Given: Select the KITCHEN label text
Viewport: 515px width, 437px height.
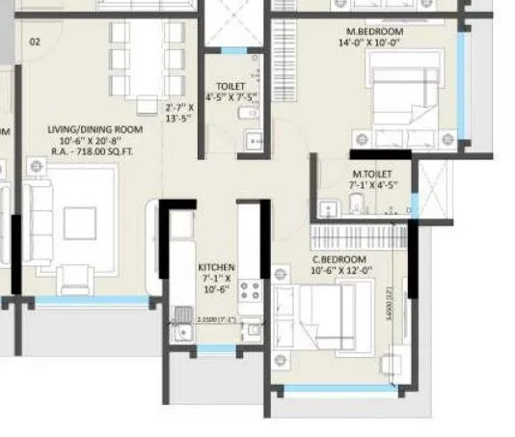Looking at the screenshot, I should (216, 267).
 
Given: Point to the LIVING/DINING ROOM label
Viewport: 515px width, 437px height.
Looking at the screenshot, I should (95, 129).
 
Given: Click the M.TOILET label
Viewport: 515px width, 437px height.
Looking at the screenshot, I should (370, 174).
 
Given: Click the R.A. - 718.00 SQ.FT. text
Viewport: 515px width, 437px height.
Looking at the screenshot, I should (95, 153).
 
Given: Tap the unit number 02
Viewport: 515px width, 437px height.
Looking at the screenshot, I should (35, 41).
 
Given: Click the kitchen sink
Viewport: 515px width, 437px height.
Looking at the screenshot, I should (181, 329).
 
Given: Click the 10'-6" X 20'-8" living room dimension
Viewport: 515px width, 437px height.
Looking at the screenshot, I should (95, 141).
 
